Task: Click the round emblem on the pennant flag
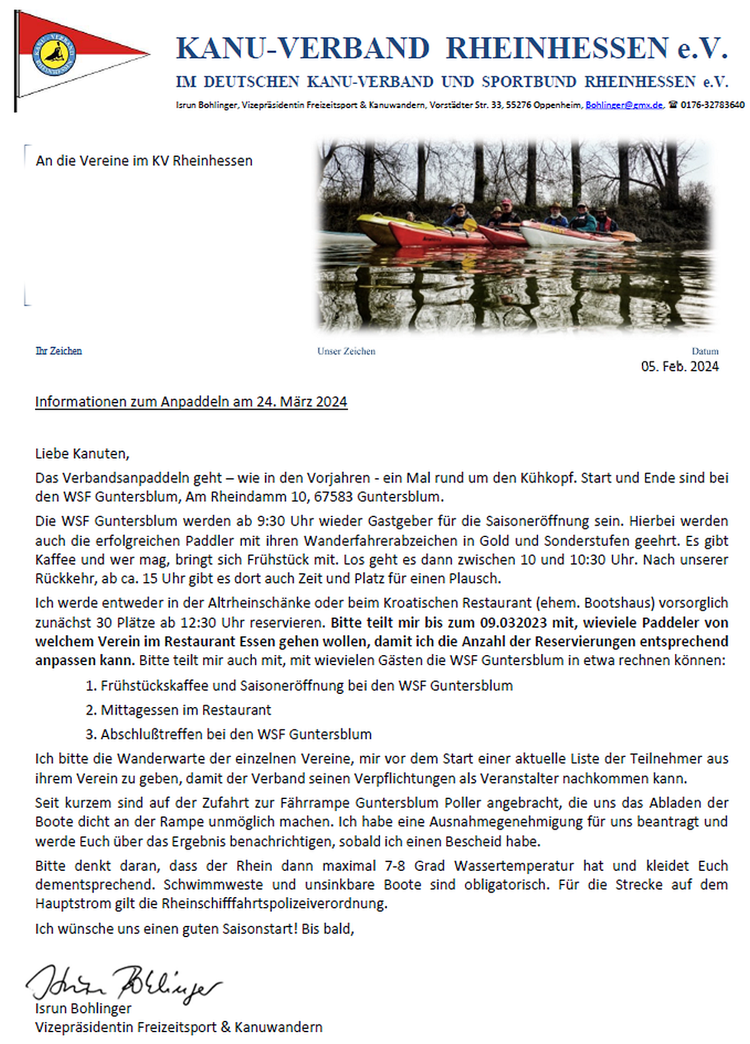click(x=54, y=54)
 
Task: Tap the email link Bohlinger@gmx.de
click(x=624, y=105)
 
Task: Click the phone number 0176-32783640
click(x=712, y=105)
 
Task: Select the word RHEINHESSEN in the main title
click(x=557, y=49)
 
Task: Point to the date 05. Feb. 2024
click(x=679, y=367)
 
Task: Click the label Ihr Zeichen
click(x=59, y=351)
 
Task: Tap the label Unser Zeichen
click(x=346, y=351)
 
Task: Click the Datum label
click(x=705, y=351)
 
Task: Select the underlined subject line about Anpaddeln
click(x=191, y=402)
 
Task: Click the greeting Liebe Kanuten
click(x=82, y=454)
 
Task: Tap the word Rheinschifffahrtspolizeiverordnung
click(x=274, y=904)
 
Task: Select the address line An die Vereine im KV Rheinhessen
click(x=144, y=161)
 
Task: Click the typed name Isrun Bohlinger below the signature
click(x=83, y=1008)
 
